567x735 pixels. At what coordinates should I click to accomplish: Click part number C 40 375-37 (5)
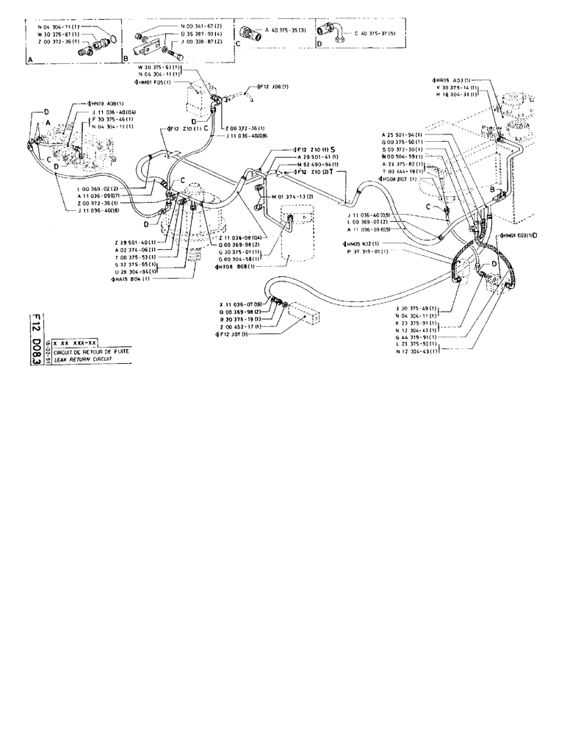pos(375,33)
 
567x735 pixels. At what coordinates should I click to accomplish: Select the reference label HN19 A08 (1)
pos(107,104)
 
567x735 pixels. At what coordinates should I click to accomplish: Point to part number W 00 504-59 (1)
pos(401,156)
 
